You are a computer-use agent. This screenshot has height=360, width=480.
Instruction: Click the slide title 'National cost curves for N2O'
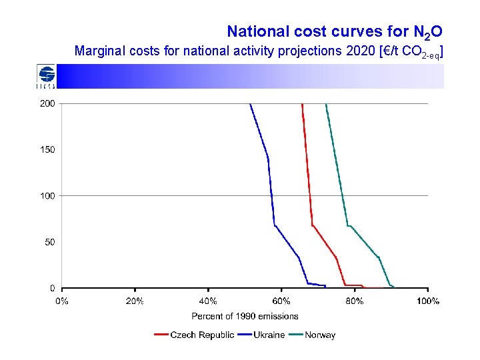[334, 31]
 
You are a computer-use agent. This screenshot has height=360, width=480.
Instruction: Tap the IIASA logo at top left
[46, 76]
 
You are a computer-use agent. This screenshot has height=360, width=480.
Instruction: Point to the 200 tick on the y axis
[47, 104]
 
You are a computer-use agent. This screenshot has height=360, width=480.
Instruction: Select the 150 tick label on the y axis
[47, 150]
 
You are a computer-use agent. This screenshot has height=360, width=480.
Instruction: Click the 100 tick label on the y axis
[47, 196]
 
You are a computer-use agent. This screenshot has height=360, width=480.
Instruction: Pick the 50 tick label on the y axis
[50, 242]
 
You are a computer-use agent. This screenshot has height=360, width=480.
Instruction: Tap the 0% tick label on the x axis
[61, 301]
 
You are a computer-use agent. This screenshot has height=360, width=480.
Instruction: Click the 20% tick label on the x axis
[135, 301]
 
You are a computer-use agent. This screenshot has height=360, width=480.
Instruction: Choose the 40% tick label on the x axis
[208, 301]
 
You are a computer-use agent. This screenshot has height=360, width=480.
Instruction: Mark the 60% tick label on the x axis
[281, 301]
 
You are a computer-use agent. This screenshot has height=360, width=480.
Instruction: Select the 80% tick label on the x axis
[355, 301]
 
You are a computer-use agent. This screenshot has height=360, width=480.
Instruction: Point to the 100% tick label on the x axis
[428, 301]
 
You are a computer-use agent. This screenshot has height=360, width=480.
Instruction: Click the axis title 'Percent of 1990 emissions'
[245, 316]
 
